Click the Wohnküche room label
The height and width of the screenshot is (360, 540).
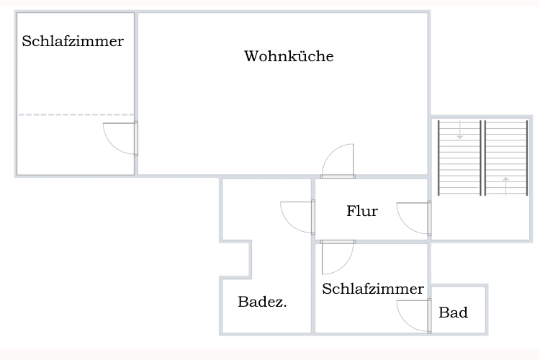click(x=289, y=56)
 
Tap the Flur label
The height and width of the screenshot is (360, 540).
click(x=362, y=211)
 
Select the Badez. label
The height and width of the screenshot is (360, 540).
click(x=262, y=302)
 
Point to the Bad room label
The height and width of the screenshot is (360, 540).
click(x=454, y=312)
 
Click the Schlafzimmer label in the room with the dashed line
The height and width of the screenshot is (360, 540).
click(x=73, y=41)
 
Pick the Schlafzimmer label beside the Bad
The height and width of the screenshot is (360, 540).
click(x=373, y=289)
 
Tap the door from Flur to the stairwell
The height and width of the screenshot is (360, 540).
click(x=414, y=219)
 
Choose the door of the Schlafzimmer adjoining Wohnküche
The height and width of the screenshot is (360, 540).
click(x=120, y=138)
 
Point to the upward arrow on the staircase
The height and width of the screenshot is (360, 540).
click(x=505, y=185)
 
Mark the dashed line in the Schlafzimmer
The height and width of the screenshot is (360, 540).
click(x=76, y=114)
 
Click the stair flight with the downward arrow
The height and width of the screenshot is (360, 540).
click(x=459, y=157)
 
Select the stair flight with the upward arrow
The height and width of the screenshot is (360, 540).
click(x=505, y=157)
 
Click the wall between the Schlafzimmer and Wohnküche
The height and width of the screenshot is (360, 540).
click(x=136, y=72)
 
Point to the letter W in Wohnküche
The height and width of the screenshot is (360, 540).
click(x=250, y=56)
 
